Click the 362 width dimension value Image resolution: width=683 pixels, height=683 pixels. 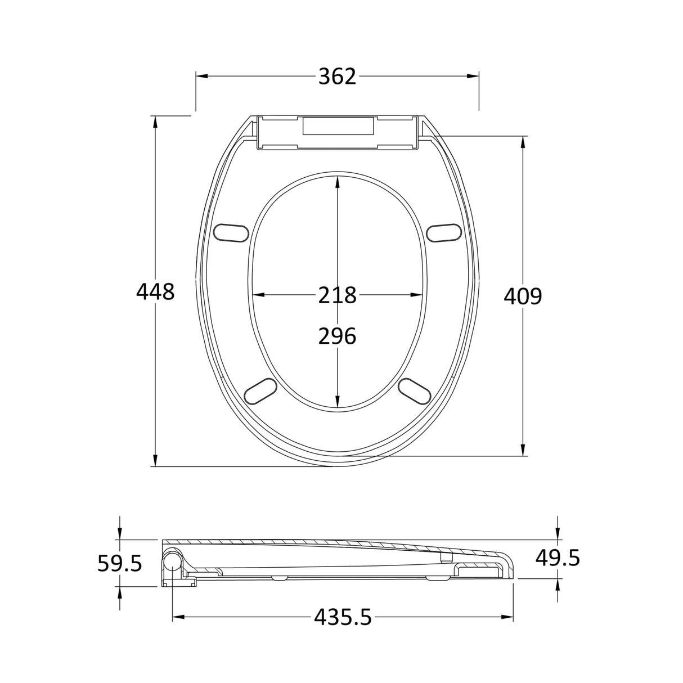[337, 77]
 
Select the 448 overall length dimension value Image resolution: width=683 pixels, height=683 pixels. [155, 291]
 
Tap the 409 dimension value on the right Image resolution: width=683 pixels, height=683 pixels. [523, 296]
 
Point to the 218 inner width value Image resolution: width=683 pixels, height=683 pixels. [337, 295]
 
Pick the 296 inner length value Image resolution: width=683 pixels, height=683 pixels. [337, 336]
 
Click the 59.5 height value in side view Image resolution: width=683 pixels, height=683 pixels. [119, 563]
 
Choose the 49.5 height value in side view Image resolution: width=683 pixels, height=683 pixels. [557, 558]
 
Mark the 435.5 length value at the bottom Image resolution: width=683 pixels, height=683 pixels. [343, 618]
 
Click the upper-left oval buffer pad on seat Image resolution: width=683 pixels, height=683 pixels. [231, 232]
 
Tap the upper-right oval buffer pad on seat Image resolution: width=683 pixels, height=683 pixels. [444, 232]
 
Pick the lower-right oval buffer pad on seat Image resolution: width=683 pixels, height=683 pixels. [415, 390]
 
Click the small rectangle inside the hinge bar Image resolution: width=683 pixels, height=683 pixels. [338, 125]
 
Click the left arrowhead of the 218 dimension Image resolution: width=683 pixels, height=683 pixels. [258, 295]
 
